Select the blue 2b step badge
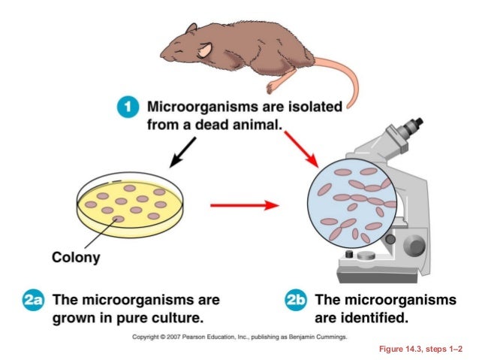tap(297, 301)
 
